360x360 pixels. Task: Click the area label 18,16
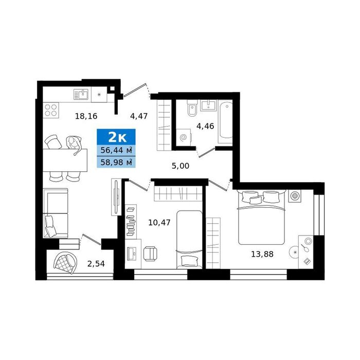pos(86,116)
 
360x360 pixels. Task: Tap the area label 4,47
pos(139,116)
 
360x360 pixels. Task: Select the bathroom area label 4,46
pos(205,126)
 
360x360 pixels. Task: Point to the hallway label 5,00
pos(181,166)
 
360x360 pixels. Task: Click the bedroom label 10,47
pos(159,223)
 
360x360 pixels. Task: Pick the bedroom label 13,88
pos(262,254)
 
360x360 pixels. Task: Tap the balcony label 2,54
pos(96,264)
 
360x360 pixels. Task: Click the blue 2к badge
pos(116,137)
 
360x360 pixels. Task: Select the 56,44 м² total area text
pos(116,150)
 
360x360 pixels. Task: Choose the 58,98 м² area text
pos(116,163)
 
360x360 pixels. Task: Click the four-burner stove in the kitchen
pos(51,110)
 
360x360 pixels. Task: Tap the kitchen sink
pos(81,94)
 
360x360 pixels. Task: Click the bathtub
pos(225,122)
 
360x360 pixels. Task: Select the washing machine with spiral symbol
pos(184,137)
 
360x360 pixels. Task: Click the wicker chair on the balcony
pos(65,263)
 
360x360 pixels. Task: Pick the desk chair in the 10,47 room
pos(150,254)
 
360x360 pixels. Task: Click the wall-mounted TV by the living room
pos(116,197)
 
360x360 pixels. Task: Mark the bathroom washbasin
pos(208,105)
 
